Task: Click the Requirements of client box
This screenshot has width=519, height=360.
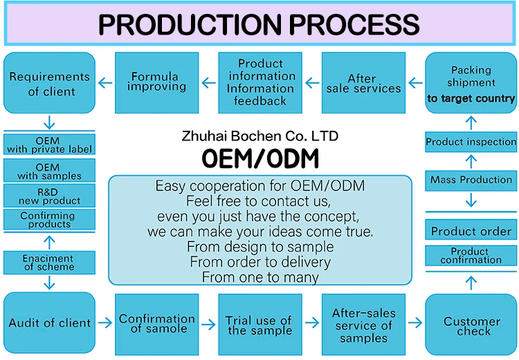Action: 49,83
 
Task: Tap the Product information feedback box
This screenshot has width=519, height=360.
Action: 261,83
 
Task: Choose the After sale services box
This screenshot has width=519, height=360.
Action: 364,83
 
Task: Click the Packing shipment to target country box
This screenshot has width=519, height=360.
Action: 471,83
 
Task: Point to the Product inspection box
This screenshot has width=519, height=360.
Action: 471,142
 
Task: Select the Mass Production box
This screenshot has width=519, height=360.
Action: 471,180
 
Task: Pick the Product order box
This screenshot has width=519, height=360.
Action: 471,231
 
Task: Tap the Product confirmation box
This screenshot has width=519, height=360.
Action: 471,255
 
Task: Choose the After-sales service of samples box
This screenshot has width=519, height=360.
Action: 364,325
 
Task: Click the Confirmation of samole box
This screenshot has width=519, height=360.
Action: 157,324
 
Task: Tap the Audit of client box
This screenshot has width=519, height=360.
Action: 49,323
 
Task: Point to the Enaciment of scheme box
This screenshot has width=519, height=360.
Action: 49,262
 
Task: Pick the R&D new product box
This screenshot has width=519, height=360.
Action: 49,196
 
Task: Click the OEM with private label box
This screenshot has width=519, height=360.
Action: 49,145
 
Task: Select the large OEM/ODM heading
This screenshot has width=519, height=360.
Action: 260,159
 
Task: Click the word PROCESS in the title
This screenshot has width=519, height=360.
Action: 355,24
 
